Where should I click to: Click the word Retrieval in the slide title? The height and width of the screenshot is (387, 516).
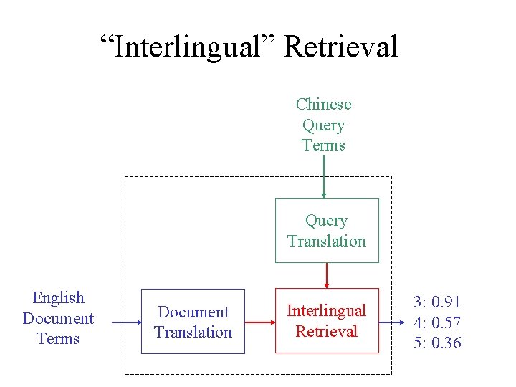click(x=340, y=47)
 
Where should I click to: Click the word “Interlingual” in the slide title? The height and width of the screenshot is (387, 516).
click(x=188, y=47)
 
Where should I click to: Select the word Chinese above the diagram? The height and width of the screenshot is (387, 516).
click(x=324, y=105)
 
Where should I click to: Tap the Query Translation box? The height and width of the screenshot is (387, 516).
click(x=327, y=231)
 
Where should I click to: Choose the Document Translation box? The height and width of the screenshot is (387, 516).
click(x=193, y=322)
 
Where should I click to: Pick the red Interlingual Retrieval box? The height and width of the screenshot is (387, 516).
click(x=327, y=321)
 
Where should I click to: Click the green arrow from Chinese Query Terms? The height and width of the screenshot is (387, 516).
click(x=324, y=176)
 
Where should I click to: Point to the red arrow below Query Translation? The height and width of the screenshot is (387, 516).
click(x=327, y=275)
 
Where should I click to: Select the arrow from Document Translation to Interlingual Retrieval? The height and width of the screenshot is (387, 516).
click(x=259, y=322)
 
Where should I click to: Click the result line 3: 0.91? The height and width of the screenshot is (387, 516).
click(x=437, y=302)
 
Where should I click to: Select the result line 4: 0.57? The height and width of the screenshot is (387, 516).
click(x=437, y=322)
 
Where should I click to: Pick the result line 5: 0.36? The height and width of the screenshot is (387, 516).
click(x=437, y=343)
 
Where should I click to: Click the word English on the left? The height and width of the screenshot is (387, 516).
click(x=59, y=298)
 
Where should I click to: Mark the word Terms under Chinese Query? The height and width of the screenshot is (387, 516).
click(x=324, y=145)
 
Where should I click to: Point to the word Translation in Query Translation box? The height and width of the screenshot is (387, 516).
click(x=327, y=241)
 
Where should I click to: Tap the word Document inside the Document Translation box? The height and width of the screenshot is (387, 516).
click(x=193, y=312)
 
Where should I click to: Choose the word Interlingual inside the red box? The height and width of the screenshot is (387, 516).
click(x=327, y=310)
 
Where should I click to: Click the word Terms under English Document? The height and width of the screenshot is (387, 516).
click(x=58, y=338)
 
